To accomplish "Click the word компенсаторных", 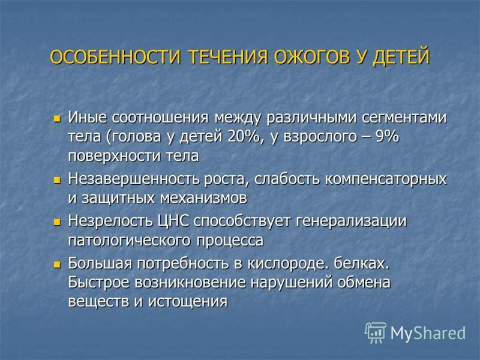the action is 386,179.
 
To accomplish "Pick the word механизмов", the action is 203,198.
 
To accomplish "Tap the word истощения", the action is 188,302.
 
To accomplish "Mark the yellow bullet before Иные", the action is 57,119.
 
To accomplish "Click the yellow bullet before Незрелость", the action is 57,222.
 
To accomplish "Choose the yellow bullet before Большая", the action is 57,265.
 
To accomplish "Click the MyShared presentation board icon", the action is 376,332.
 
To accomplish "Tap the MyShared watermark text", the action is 428,333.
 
